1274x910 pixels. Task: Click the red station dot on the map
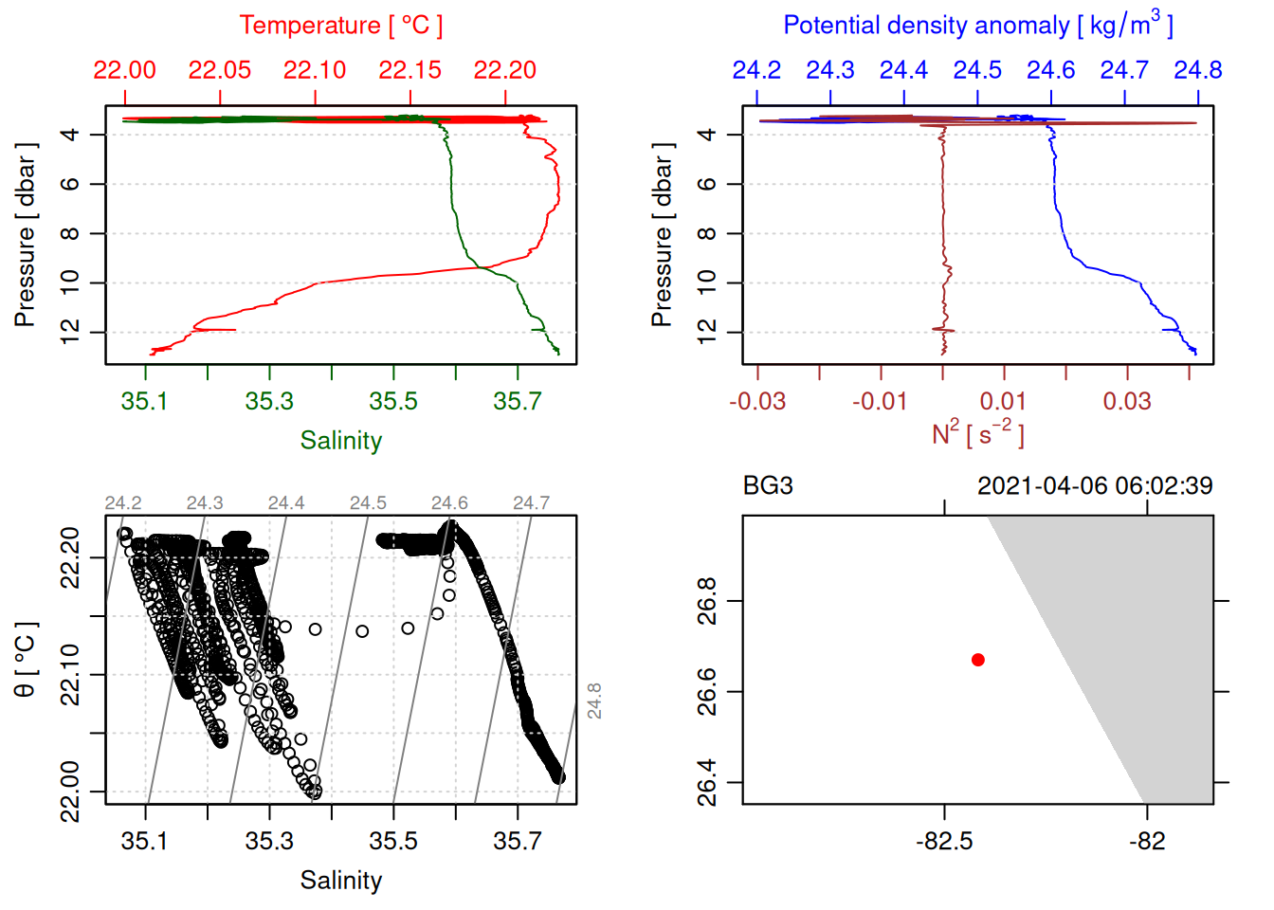(977, 660)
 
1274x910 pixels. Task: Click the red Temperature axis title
(340, 26)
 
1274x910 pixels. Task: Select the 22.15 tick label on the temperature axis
(409, 70)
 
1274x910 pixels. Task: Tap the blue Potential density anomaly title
(977, 26)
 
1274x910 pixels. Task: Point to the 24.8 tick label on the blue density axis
(1197, 70)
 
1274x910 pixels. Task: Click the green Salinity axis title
(340, 441)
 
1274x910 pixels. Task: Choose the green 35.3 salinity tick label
(269, 401)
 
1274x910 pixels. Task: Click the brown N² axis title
(977, 434)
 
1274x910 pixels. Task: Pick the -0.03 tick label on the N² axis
(757, 401)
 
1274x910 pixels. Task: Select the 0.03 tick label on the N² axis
(1127, 401)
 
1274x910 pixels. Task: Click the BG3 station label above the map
(768, 486)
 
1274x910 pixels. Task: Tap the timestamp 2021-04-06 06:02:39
(1095, 486)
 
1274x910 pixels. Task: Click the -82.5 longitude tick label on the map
(944, 841)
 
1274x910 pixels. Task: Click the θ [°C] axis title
(25, 660)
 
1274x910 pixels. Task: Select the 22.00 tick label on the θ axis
(70, 792)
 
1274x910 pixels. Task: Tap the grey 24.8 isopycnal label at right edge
(594, 701)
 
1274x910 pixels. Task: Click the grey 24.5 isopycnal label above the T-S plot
(368, 503)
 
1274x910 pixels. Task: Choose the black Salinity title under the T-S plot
(340, 881)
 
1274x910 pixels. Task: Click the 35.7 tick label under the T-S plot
(518, 841)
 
